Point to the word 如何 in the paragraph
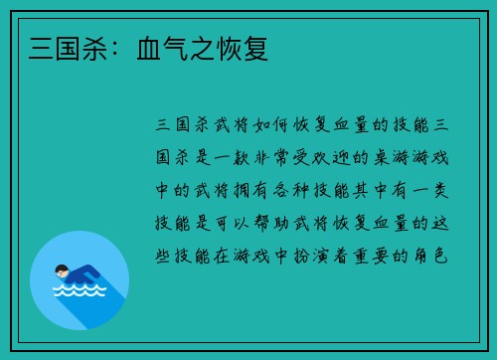[258, 124]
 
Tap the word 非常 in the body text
[278, 156]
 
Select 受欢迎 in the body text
[334, 156]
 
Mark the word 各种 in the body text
[301, 188]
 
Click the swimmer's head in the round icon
[62, 270]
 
